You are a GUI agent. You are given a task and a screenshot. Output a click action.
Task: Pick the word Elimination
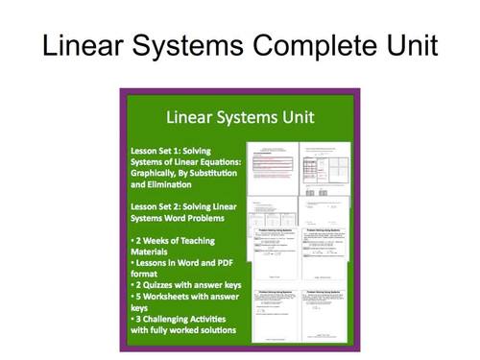click(x=167, y=184)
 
